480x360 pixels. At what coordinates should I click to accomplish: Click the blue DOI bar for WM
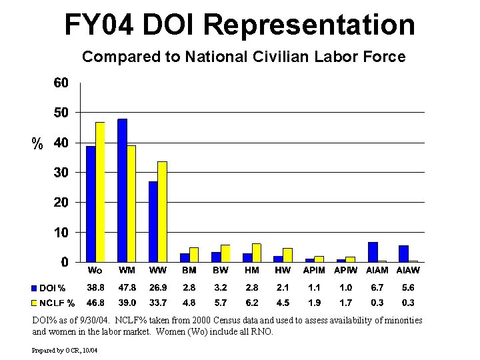click(122, 190)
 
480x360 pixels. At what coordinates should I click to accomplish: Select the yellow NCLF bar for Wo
click(100, 192)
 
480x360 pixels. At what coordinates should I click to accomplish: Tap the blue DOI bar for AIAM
click(373, 252)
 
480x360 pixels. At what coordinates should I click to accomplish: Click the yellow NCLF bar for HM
click(256, 253)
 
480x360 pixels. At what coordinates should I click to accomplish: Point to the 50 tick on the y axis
click(61, 113)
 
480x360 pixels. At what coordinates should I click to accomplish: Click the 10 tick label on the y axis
click(61, 233)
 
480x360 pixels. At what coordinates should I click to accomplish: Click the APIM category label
click(314, 271)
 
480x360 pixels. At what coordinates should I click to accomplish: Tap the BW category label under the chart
click(220, 271)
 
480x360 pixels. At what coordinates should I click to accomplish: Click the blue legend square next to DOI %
click(33, 289)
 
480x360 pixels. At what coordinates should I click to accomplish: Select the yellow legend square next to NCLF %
click(33, 303)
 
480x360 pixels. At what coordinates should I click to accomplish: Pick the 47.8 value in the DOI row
click(127, 288)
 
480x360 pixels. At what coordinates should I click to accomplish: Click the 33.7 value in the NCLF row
click(157, 303)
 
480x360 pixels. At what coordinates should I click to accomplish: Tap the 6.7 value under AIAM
click(377, 288)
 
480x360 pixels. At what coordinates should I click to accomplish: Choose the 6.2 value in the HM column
click(251, 303)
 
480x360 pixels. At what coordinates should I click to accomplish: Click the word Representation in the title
click(309, 25)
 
